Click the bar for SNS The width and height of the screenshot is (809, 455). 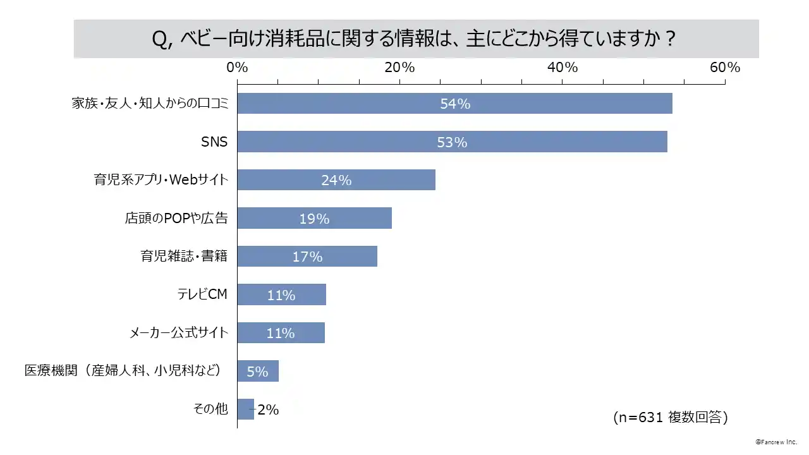click(452, 142)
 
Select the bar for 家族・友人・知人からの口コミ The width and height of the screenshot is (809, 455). click(454, 104)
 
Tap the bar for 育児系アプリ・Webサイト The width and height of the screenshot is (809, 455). click(336, 180)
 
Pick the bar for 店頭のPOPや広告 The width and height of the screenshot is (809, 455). click(314, 219)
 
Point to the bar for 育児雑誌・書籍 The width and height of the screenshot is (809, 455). click(307, 257)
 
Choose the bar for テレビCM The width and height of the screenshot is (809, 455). click(281, 295)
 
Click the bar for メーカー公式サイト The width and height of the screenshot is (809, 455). click(281, 333)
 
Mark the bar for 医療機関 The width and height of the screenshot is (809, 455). click(258, 372)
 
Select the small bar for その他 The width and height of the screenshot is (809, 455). click(245, 409)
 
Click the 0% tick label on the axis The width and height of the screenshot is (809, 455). click(237, 68)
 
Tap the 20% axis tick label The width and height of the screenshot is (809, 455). click(399, 68)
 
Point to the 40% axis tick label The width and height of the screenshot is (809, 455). click(563, 68)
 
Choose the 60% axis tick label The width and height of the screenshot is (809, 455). click(724, 68)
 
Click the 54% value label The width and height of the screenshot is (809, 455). click(455, 104)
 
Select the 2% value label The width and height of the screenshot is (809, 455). click(268, 409)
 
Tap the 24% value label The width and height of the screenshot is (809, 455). click(336, 180)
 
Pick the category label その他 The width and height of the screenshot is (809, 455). click(210, 409)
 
